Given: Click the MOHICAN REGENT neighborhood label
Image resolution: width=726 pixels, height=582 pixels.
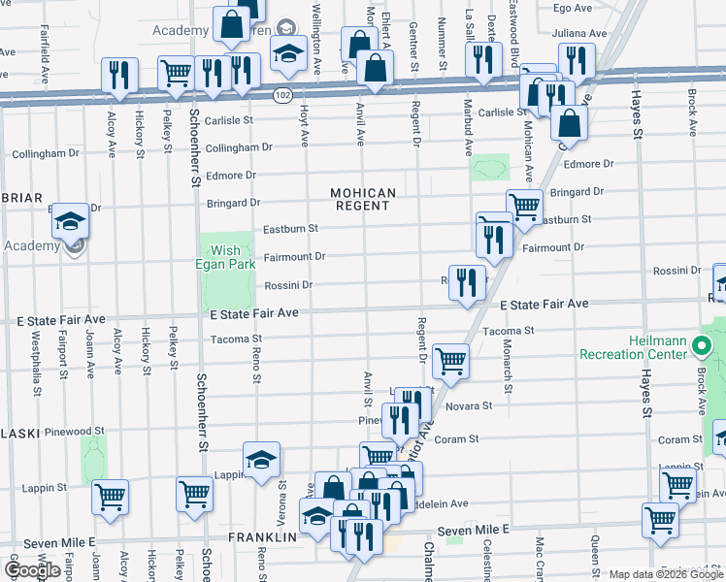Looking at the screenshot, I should click(365, 199).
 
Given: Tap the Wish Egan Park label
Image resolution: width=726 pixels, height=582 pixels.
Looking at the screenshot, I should click(225, 257).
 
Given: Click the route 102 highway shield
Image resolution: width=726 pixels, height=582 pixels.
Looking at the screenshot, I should click(282, 95).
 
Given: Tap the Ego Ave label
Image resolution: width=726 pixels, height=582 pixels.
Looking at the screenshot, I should click(572, 8).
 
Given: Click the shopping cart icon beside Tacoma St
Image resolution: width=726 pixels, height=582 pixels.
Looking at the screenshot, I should click(450, 361).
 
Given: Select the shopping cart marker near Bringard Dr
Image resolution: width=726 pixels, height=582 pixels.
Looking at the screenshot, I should click(524, 207).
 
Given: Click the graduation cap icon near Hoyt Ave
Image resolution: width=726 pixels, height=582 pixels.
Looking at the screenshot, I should click(288, 55).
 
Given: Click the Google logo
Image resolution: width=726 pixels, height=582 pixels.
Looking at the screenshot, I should click(32, 570).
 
